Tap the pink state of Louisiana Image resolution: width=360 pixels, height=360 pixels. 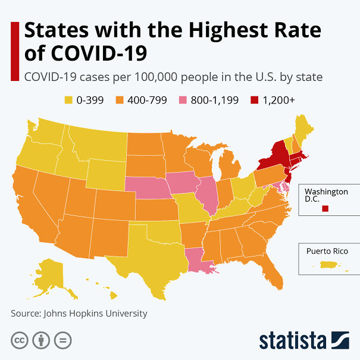click(x=198, y=261)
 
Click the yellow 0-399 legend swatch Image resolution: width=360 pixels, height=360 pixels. click(x=68, y=100)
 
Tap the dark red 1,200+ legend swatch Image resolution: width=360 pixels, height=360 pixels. click(x=254, y=100)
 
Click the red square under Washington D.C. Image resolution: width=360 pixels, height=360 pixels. click(x=325, y=209)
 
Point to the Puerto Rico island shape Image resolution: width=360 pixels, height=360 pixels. click(x=331, y=265)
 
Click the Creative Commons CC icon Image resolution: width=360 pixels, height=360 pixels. click(x=20, y=340)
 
